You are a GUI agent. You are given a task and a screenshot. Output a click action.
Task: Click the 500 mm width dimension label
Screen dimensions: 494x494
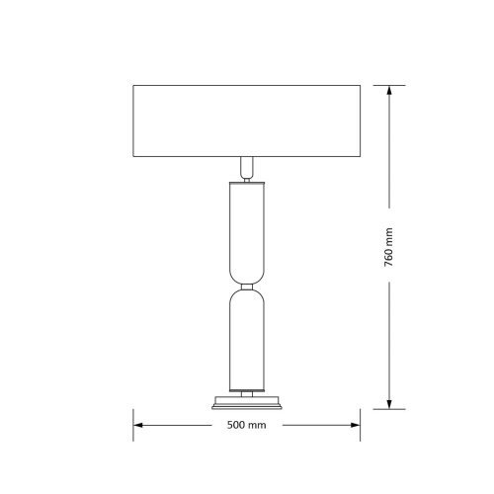tap(246, 425)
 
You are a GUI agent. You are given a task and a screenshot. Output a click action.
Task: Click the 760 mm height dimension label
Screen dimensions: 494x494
tap(388, 247)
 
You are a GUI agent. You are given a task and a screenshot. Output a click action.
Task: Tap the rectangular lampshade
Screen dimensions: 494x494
tap(247, 121)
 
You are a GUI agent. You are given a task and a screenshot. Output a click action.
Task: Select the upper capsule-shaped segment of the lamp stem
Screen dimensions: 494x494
tap(247, 233)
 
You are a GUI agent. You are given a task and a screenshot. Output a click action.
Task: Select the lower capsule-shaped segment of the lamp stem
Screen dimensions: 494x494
tap(247, 340)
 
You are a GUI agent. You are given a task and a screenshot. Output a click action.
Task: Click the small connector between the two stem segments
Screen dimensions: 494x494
tap(247, 287)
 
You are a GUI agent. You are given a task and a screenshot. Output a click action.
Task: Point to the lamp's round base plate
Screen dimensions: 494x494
tap(247, 403)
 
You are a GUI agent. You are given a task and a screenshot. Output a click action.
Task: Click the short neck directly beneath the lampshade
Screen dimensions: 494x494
tap(247, 167)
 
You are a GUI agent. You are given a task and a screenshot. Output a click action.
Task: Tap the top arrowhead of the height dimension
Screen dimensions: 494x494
tap(389, 91)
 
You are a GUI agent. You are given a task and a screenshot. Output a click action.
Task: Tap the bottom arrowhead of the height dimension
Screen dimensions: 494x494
tap(389, 404)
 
